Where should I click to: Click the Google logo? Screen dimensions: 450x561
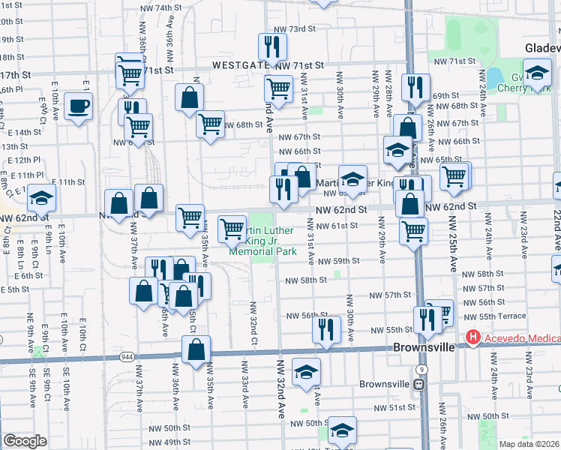24,441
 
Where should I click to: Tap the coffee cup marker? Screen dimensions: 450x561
78,106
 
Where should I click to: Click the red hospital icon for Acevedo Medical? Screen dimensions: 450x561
472,337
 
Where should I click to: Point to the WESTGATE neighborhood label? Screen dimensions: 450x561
241,65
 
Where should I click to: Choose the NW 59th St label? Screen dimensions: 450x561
338,261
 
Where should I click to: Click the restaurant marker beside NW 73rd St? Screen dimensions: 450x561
271,47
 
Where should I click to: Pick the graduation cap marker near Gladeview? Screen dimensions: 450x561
537,74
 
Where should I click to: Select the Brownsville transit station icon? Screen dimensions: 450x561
420,385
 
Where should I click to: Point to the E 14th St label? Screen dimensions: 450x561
27,132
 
